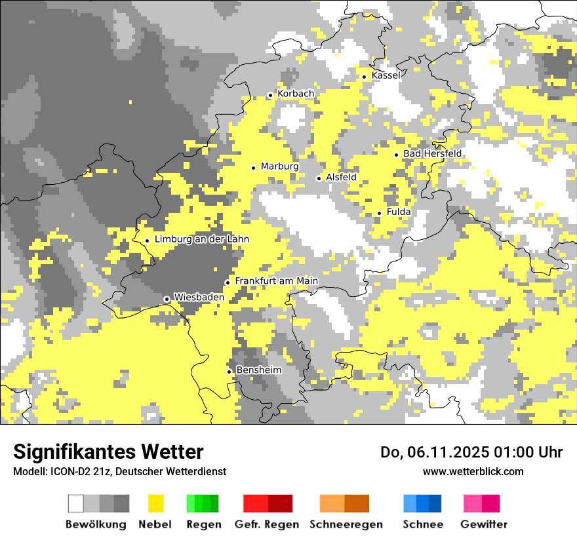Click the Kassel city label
tap(386, 75)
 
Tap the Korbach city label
tap(296, 94)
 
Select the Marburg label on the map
tap(279, 166)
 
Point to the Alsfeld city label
tap(341, 177)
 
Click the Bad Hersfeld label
tap(432, 153)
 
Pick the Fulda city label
tap(399, 212)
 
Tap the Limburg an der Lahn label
tap(202, 239)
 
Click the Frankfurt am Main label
tap(276, 281)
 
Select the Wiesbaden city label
tap(199, 298)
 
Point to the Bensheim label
tap(258, 370)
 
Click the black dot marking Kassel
tap(365, 77)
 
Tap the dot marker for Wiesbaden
tap(167, 299)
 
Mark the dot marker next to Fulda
tap(379, 213)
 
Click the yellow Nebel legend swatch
tap(156, 503)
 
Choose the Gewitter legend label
tap(484, 524)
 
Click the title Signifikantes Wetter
tap(108, 452)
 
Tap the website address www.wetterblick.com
tap(473, 471)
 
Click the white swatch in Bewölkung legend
tap(76, 503)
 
